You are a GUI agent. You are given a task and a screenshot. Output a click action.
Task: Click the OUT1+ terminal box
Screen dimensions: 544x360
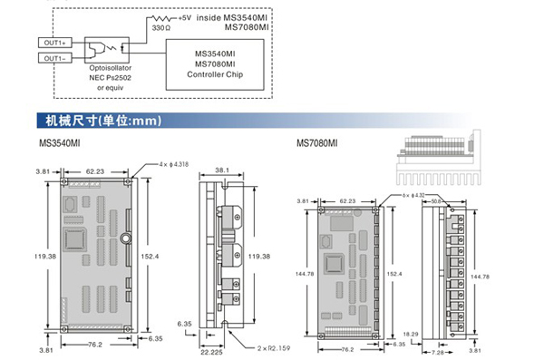click(55, 43)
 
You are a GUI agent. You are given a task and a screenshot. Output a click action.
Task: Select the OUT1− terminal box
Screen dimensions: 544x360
click(55, 58)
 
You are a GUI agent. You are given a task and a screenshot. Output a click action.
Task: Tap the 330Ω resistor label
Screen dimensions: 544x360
click(161, 28)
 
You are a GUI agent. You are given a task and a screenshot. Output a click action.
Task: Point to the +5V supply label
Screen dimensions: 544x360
click(185, 18)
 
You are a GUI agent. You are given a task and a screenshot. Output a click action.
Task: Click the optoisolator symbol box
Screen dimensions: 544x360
click(107, 50)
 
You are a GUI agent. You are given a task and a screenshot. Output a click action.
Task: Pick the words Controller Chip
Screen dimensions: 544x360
click(215, 74)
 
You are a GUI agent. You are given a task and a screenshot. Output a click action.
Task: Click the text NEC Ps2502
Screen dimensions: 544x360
click(111, 78)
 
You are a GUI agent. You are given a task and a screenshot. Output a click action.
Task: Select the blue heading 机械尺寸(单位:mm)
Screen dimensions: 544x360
click(103, 121)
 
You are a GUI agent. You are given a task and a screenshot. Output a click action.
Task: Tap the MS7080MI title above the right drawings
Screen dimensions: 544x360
click(316, 143)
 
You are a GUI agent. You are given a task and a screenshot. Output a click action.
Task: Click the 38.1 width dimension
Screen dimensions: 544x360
click(222, 170)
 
